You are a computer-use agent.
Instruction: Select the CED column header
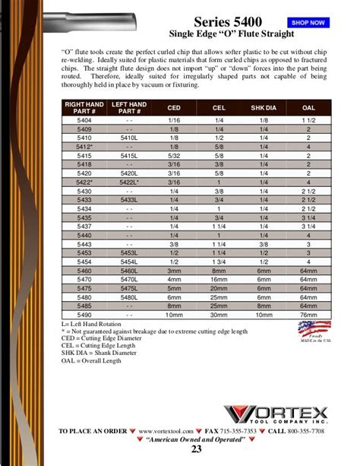174,108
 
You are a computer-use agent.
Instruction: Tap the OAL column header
308,108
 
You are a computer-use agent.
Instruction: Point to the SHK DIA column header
264,108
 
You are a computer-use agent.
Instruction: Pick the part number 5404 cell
84,121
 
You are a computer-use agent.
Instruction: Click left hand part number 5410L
128,138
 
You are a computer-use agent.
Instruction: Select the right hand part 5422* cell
84,182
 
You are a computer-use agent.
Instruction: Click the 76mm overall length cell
308,314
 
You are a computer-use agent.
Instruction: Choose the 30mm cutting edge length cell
219,314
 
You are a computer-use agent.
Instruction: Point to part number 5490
84,314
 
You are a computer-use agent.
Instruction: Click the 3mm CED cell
174,270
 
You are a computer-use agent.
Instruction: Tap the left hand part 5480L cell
128,296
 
